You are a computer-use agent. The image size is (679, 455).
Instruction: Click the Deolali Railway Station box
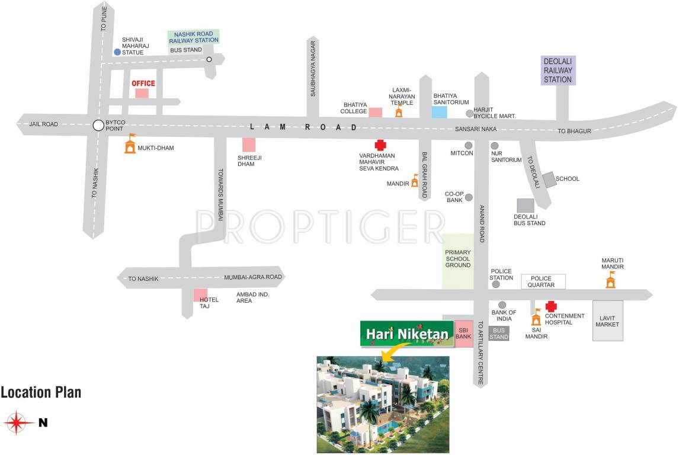tap(558, 71)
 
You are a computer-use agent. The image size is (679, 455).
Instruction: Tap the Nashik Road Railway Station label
tap(194, 37)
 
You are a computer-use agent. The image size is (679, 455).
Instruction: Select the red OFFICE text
tap(143, 83)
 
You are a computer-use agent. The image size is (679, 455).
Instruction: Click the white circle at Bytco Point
tap(98, 125)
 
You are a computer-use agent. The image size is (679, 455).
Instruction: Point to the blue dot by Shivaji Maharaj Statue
tap(117, 52)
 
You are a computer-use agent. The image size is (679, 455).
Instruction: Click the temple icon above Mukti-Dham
tap(130, 143)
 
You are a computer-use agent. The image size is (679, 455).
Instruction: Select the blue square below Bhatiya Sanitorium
tap(439, 111)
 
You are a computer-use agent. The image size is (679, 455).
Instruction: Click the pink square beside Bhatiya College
tap(375, 112)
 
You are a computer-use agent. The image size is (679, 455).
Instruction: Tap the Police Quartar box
tap(543, 281)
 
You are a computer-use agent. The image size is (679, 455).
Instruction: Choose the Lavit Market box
tap(608, 324)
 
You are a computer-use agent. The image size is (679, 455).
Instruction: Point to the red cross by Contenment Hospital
tap(551, 306)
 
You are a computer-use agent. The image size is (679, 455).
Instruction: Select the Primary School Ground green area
tap(458, 261)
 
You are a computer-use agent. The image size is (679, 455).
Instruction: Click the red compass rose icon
tap(18, 422)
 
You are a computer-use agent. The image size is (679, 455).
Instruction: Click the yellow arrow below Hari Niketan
tap(389, 354)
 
